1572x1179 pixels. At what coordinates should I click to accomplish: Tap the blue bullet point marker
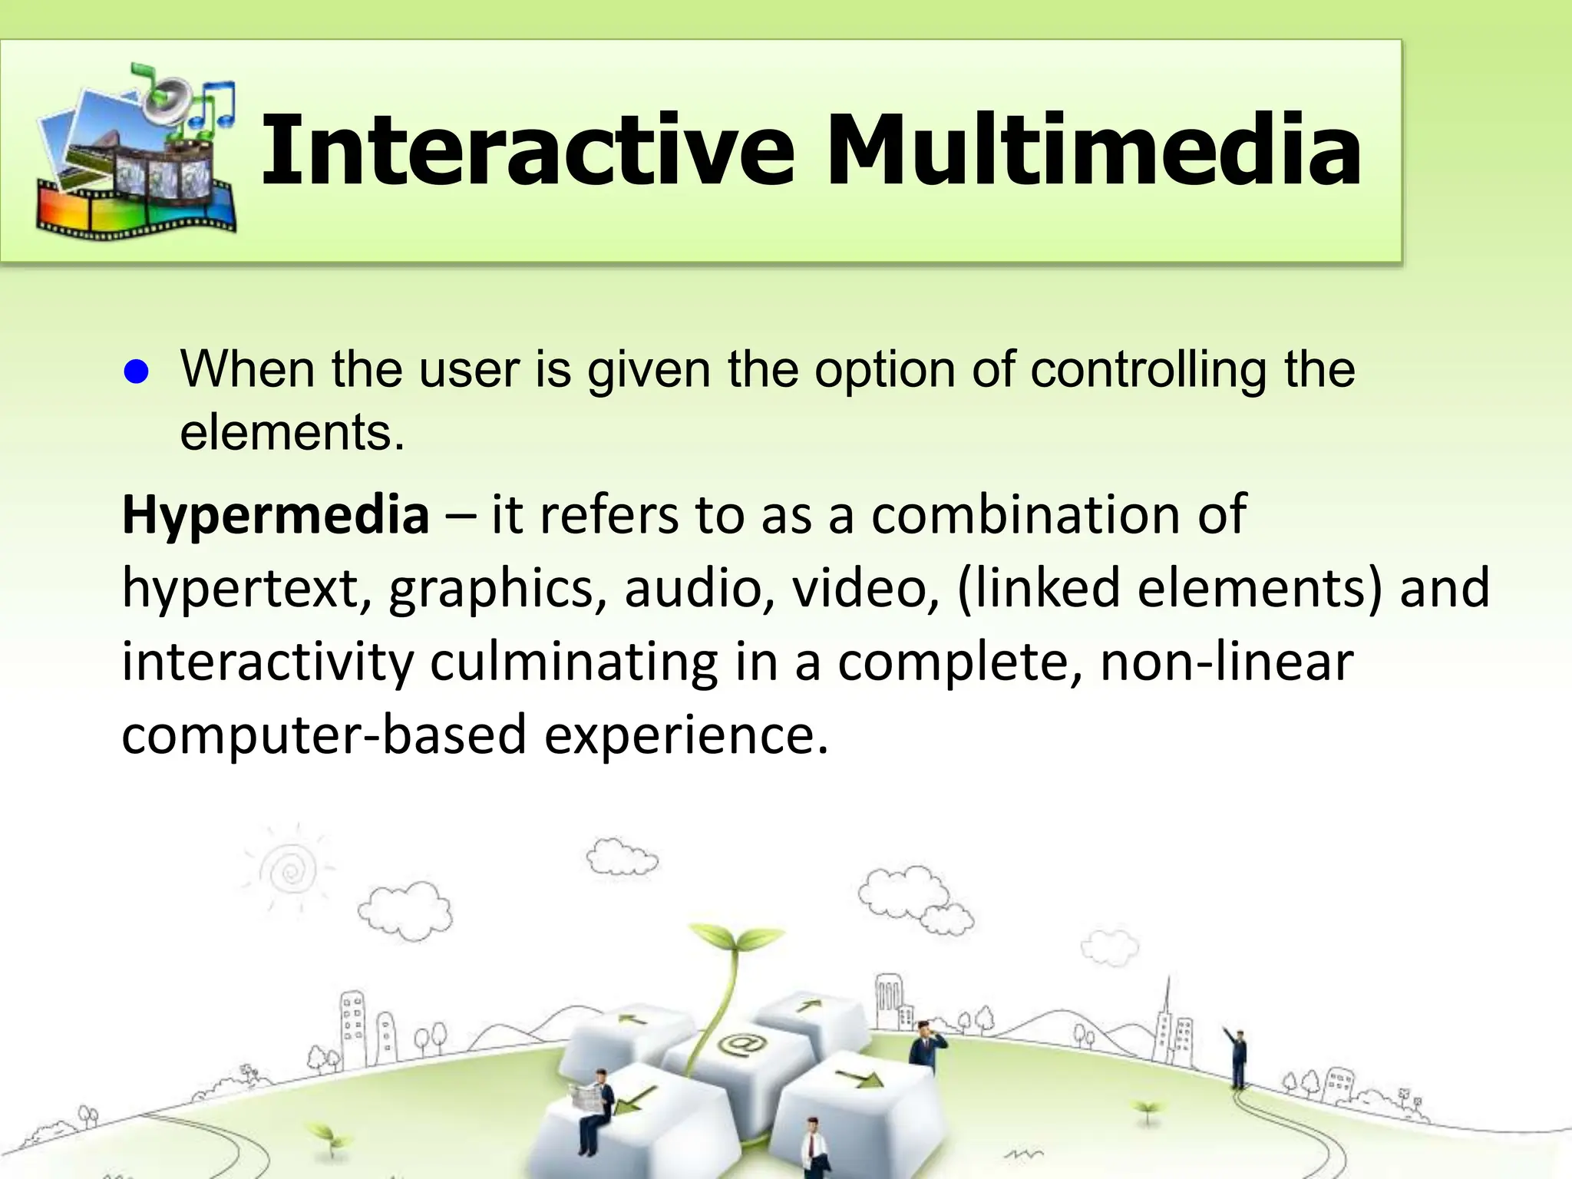[136, 373]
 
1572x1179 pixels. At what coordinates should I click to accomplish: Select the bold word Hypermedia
[276, 516]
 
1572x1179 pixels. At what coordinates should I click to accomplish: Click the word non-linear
[1227, 662]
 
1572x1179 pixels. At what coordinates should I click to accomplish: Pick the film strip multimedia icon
[137, 154]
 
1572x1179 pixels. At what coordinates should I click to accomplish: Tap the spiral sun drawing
[290, 870]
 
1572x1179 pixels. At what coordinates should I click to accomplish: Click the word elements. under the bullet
[292, 433]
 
